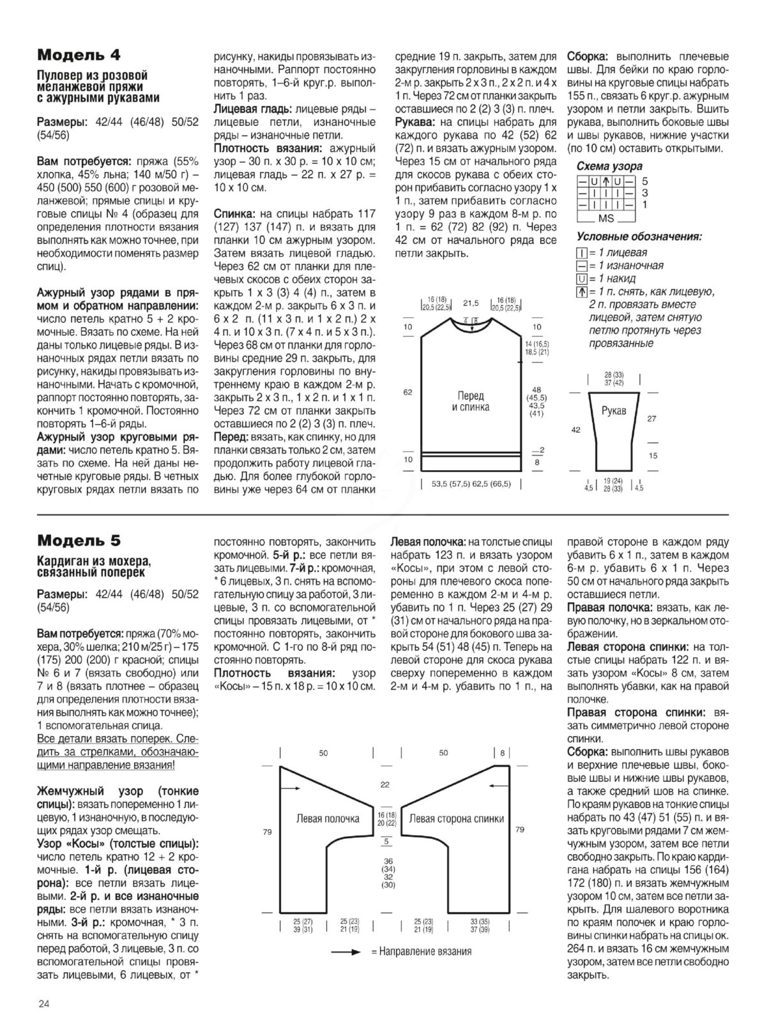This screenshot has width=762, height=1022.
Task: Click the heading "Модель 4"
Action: coord(79,54)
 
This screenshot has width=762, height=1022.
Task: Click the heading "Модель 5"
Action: coord(79,540)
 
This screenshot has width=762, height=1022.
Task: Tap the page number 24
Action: coord(44,1004)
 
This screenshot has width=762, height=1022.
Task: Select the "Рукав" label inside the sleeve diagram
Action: coord(614,411)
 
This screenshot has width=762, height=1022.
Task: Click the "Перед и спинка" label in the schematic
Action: coord(471,401)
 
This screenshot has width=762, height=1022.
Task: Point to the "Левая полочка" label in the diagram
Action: coord(328,818)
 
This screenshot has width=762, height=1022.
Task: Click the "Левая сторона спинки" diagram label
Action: coord(456,818)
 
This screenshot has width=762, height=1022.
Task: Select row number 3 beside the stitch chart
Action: coord(645,193)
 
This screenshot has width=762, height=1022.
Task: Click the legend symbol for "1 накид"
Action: coord(581,279)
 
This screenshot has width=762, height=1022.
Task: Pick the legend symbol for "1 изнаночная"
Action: coord(581,266)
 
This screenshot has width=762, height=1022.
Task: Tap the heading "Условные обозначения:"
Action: coord(639,237)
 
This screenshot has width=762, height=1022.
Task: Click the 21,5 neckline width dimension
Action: coord(471,303)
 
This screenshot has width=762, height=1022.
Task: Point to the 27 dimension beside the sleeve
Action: coord(652,419)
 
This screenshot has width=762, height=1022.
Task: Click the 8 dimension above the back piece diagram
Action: coord(502,753)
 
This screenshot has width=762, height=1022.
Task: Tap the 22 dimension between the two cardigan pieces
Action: coord(385,784)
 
